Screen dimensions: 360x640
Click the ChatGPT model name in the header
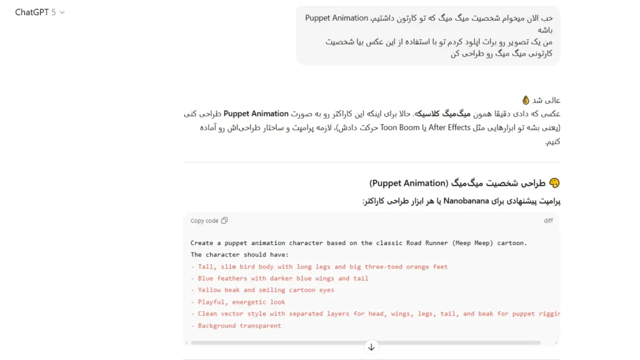pos(36,12)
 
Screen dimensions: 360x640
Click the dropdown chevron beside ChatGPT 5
pos(62,12)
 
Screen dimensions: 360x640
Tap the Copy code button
pos(209,221)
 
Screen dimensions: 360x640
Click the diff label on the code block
pos(548,221)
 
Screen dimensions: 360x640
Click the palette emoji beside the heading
pos(554,183)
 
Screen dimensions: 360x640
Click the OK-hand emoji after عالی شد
pos(526,100)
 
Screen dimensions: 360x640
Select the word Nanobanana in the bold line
pos(469,201)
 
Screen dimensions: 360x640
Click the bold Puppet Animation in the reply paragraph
pos(256,114)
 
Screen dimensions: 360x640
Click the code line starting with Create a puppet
pos(359,243)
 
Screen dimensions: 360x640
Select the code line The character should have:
pos(240,254)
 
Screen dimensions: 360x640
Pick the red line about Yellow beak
pos(262,290)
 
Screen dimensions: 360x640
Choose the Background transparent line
pos(236,326)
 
